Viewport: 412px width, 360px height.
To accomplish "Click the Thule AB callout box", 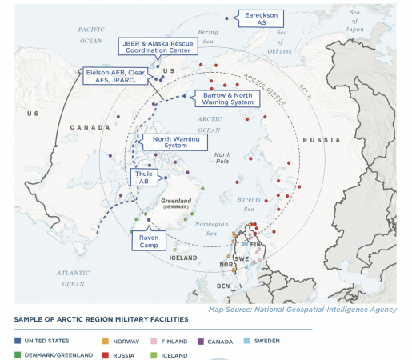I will [144, 177].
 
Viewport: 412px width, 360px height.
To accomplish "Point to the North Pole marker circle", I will [211, 160].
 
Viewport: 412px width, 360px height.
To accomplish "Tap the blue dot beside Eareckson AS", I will [227, 18].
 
